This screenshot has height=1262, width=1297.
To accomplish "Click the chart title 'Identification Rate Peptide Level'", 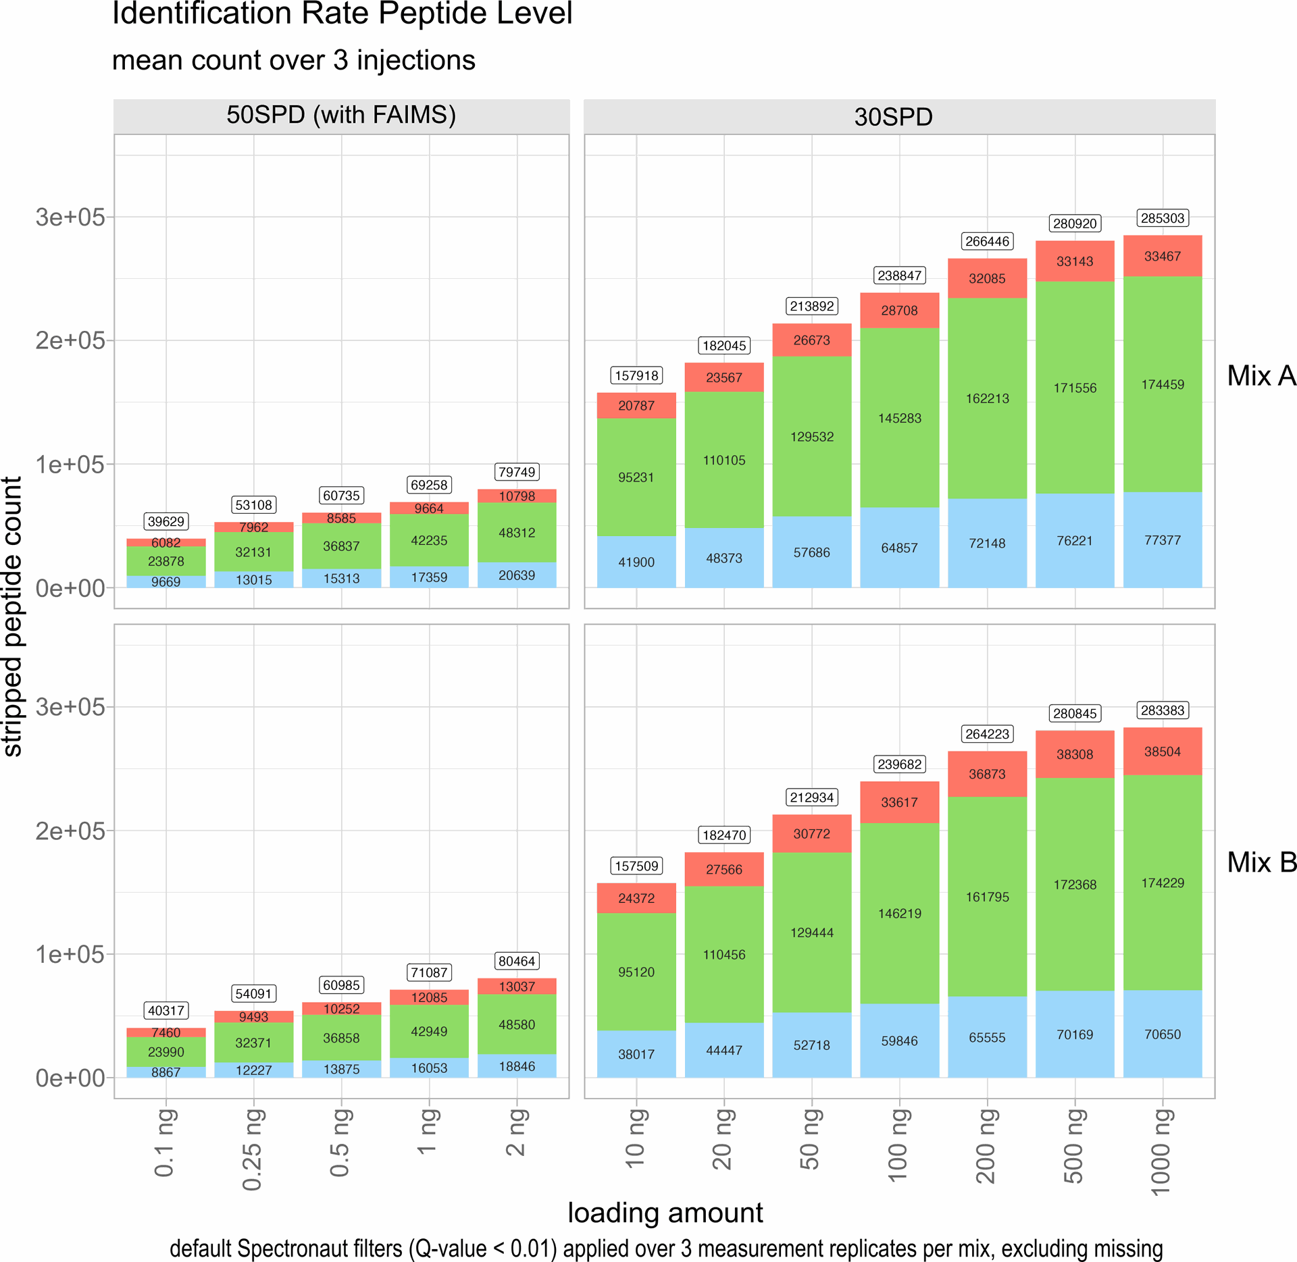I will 342,14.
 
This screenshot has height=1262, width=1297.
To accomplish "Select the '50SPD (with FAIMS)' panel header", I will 341,115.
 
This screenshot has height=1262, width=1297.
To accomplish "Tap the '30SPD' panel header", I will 893,117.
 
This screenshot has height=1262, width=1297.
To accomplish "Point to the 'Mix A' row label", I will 1261,375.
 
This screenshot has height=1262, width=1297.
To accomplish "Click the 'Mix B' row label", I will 1261,862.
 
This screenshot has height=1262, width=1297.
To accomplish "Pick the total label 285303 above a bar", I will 1163,218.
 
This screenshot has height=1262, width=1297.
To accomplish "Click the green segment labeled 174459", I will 1163,384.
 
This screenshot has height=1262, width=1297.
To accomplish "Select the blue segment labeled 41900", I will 636,562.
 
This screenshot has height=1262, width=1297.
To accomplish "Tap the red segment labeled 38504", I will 1163,752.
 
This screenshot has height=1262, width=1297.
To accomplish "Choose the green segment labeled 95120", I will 636,972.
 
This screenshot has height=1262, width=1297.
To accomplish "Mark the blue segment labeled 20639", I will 517,575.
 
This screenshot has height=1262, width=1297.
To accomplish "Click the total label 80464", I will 517,961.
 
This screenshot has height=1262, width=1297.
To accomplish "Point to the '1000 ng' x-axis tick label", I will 1161,1151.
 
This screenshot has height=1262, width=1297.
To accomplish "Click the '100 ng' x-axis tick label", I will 898,1145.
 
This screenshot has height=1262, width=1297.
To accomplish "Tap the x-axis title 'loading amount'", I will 665,1213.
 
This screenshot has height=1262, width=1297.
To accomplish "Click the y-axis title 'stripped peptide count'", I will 12,616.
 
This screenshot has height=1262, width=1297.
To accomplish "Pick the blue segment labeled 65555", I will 987,1037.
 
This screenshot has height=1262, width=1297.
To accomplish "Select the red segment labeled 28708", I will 899,311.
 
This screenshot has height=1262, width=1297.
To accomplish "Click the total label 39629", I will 166,521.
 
